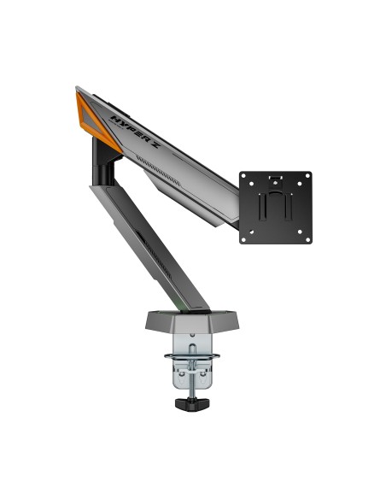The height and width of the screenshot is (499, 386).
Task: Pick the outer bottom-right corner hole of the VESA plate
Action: [x=307, y=238]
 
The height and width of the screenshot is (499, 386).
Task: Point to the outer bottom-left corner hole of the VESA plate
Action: [x=244, y=238]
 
